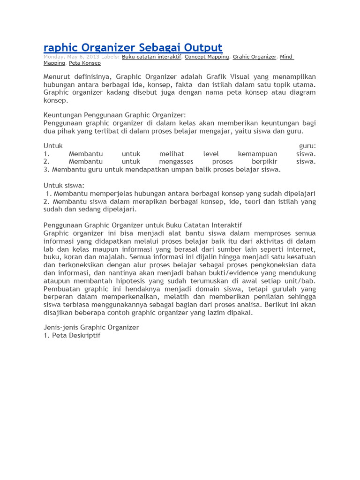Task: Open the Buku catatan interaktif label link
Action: tap(151, 57)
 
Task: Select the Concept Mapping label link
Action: tap(207, 57)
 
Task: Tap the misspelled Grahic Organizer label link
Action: tap(255, 57)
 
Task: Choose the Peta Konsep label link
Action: tap(85, 63)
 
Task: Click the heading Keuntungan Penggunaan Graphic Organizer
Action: tap(115, 115)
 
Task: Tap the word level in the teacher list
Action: tap(211, 154)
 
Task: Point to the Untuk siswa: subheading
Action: tap(64, 186)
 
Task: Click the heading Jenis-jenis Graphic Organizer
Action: tap(91, 327)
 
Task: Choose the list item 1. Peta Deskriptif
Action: tap(72, 336)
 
